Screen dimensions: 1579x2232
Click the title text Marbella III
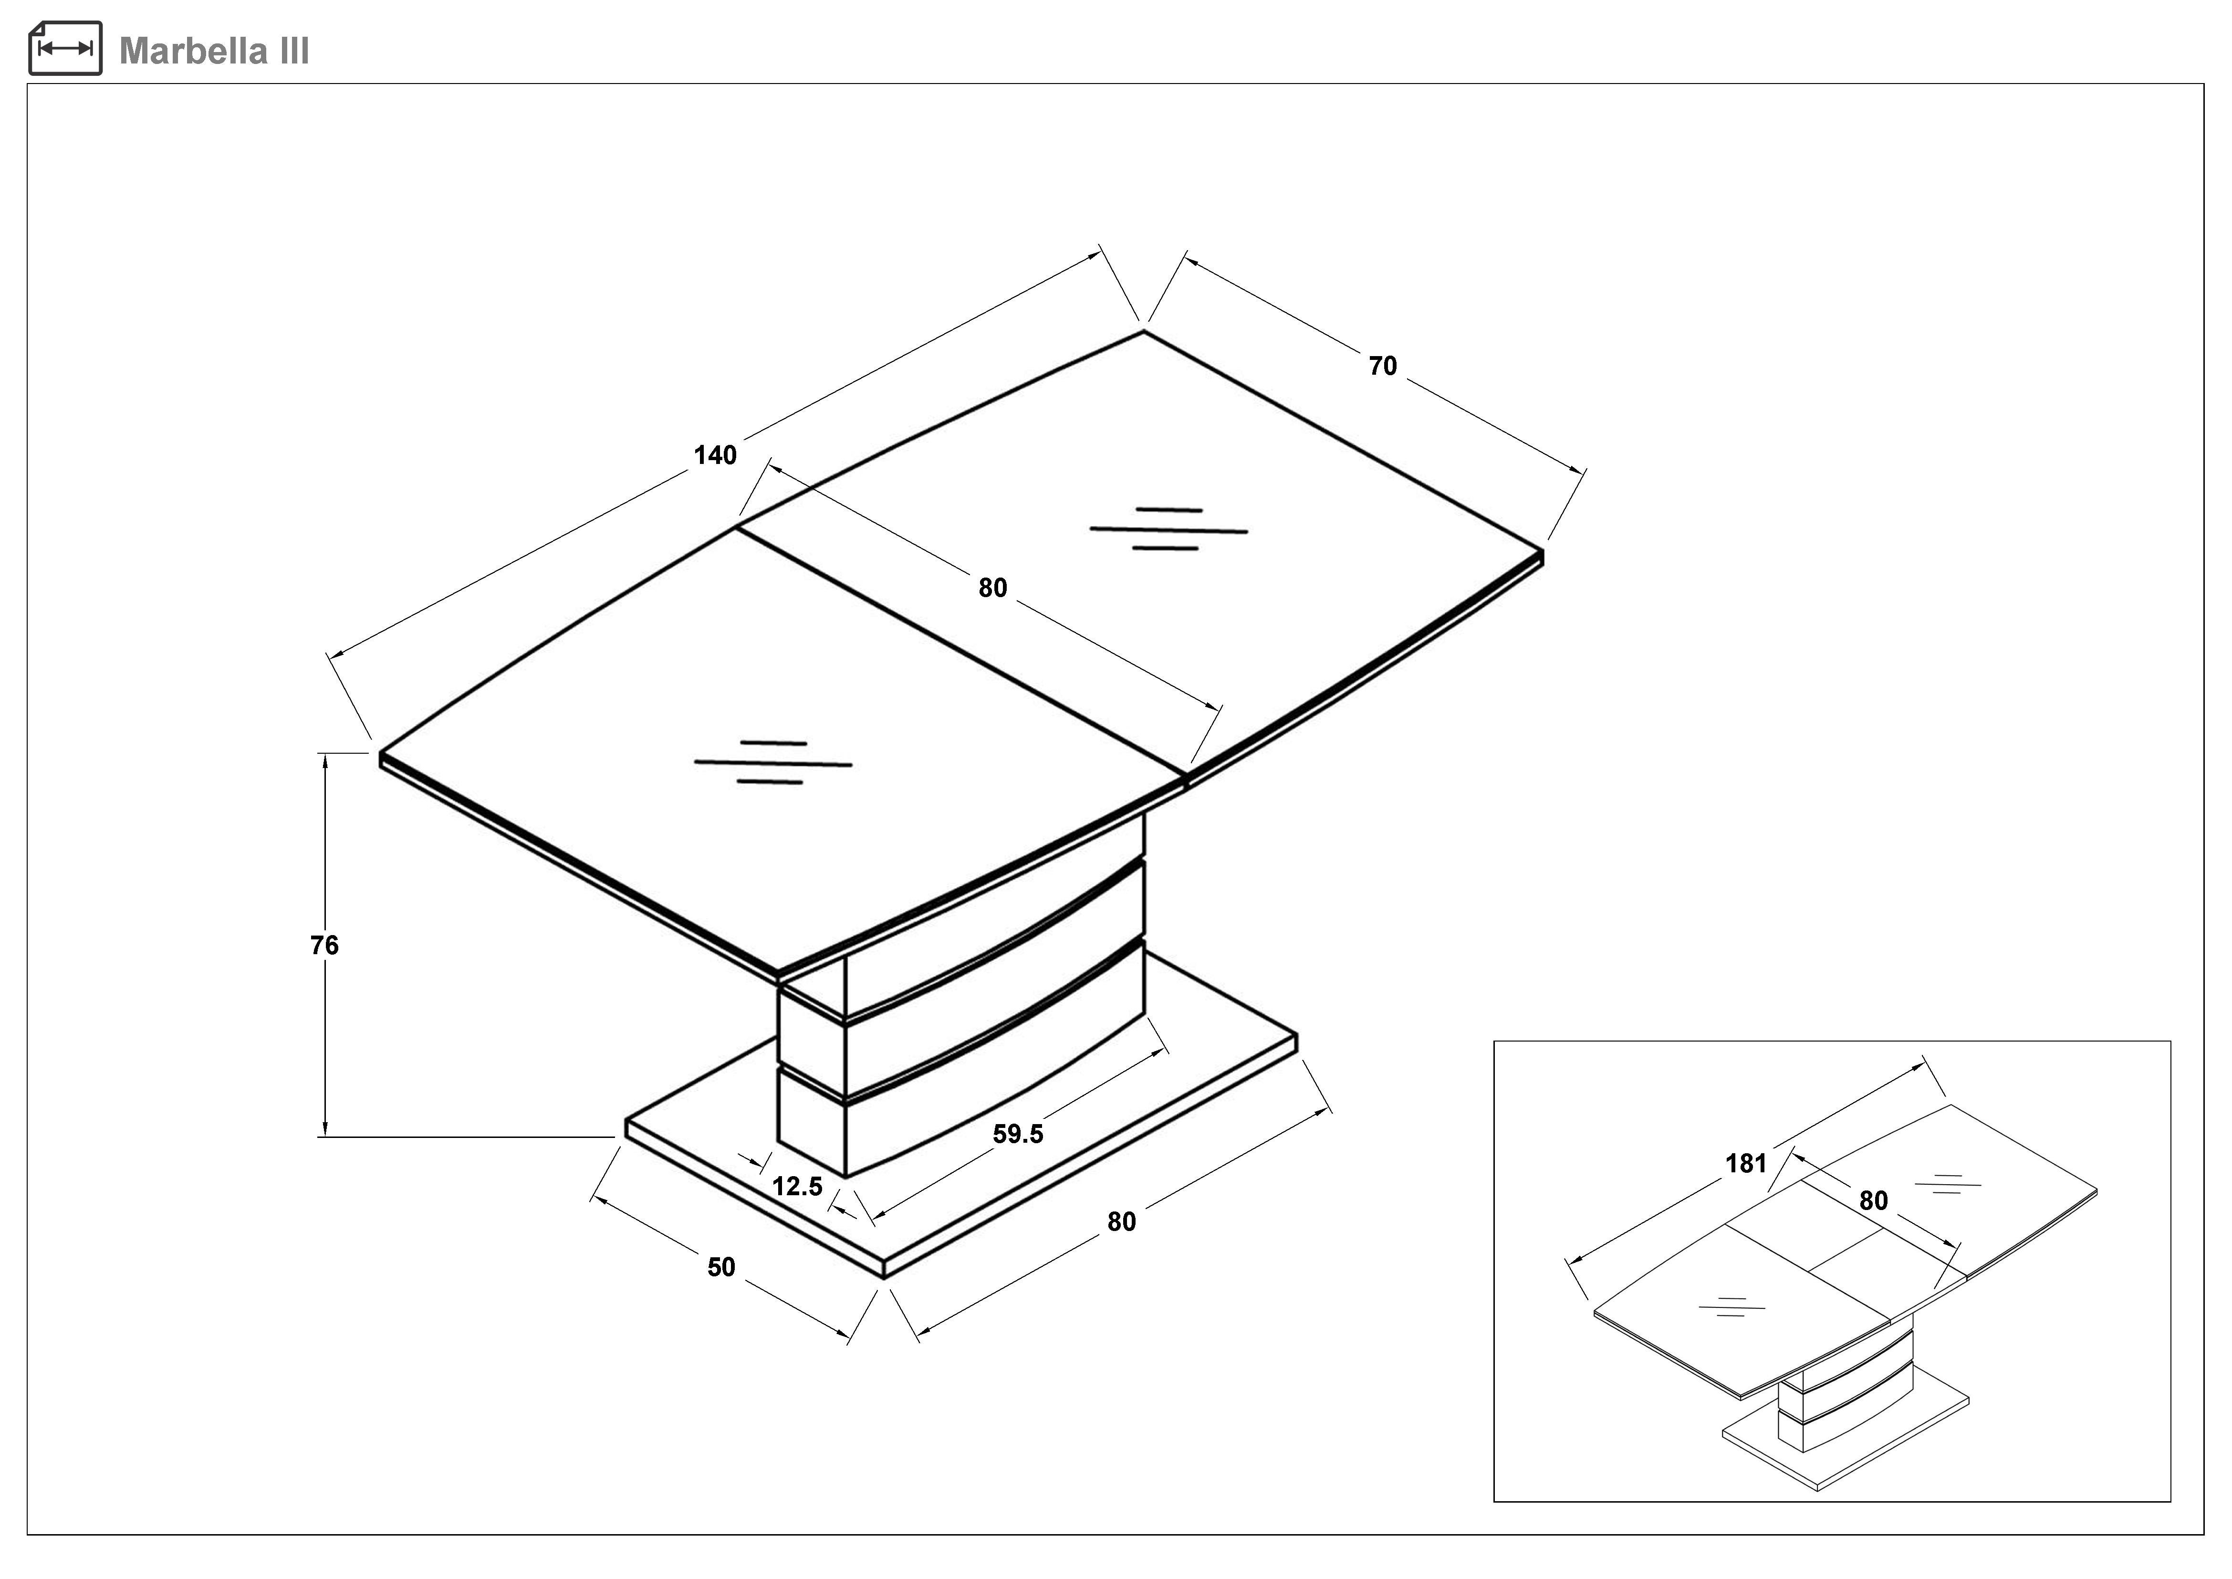click(214, 51)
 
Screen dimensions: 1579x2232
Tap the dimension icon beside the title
click(65, 49)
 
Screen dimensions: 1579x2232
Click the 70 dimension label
click(1382, 366)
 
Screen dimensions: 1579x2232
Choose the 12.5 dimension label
click(797, 1186)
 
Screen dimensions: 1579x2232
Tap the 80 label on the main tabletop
click(992, 587)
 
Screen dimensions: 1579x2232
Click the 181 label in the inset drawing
click(1746, 1164)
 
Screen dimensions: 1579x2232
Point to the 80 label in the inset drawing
click(1873, 1201)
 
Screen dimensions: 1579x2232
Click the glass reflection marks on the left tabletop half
click(773, 763)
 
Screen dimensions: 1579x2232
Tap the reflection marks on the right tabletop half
click(1168, 530)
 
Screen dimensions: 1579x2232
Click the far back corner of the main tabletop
click(1144, 333)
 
